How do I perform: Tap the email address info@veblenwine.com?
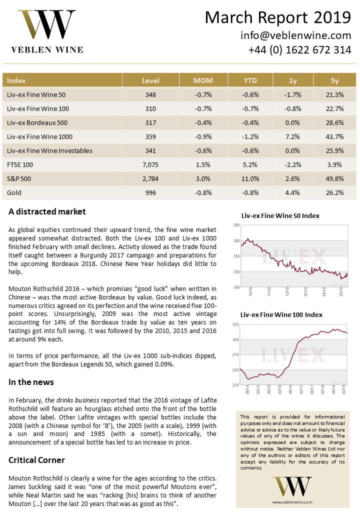pyautogui.click(x=295, y=35)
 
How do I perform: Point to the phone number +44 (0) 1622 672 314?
pyautogui.click(x=299, y=50)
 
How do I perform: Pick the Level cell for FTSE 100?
pyautogui.click(x=150, y=164)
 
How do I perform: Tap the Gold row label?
pyautogui.click(x=14, y=192)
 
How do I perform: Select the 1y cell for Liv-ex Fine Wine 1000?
pyautogui.click(x=292, y=136)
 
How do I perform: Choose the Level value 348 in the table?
pyautogui.click(x=150, y=94)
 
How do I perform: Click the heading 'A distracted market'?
pyautogui.click(x=47, y=211)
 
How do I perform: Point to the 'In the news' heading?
pyautogui.click(x=31, y=382)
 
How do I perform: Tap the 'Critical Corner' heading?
pyautogui.click(x=36, y=459)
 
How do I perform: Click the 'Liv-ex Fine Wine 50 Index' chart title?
pyautogui.click(x=280, y=216)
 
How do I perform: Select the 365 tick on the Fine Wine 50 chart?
pyautogui.click(x=236, y=225)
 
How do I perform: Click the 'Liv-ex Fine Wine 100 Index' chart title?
pyautogui.click(x=281, y=315)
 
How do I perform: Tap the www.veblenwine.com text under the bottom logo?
pyautogui.click(x=292, y=501)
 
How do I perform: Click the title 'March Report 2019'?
pyautogui.click(x=277, y=18)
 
